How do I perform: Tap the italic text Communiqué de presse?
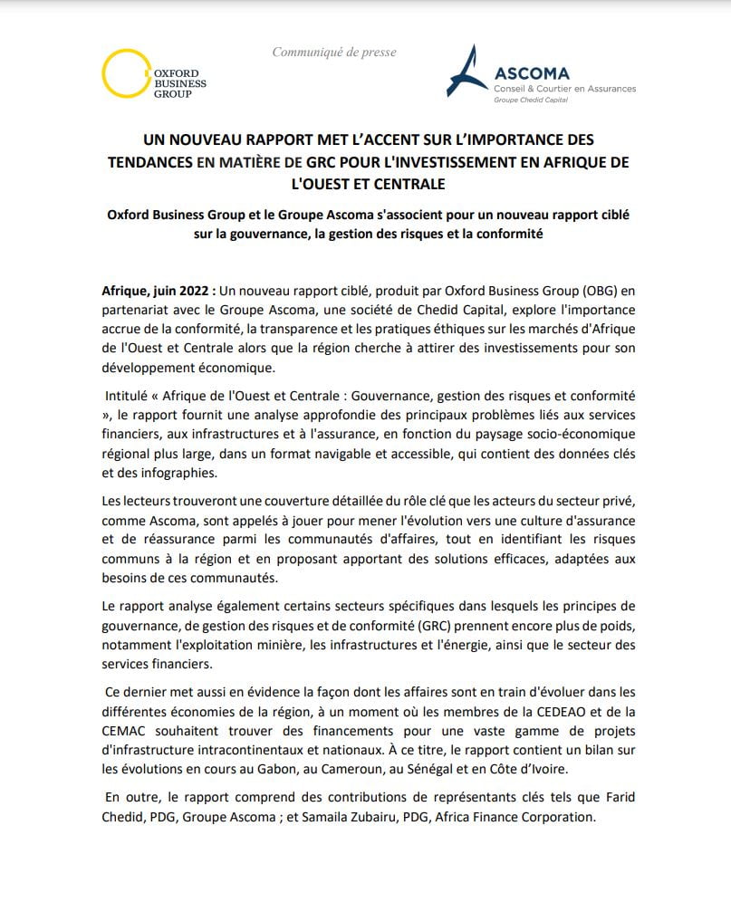[x=334, y=53]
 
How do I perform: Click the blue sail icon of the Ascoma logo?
[x=467, y=72]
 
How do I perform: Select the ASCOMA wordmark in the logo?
[x=533, y=72]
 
